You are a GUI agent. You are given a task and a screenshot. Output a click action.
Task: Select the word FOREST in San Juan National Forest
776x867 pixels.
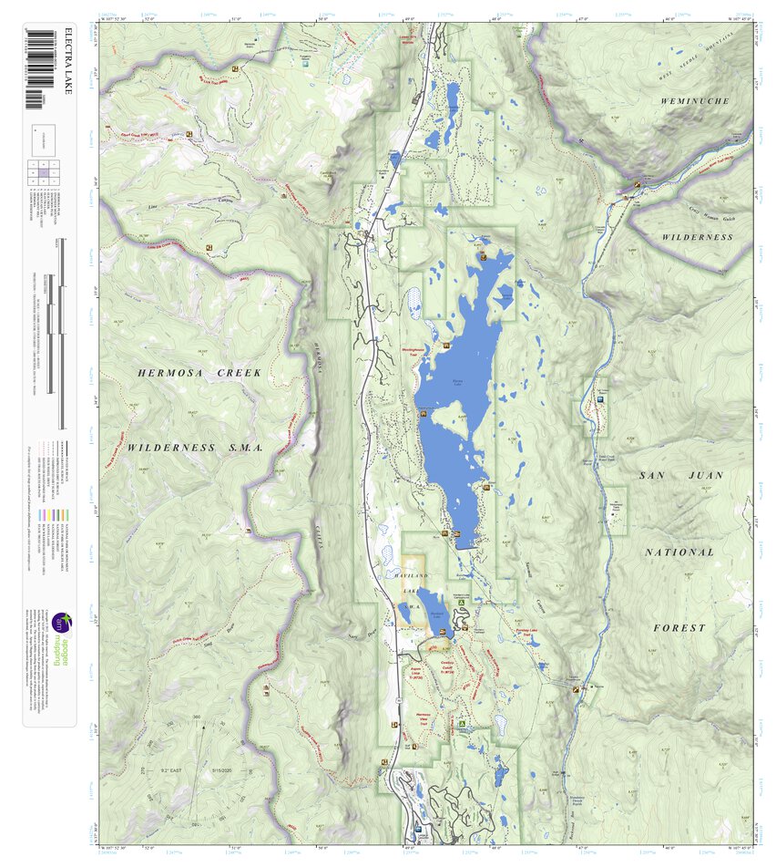tap(679, 628)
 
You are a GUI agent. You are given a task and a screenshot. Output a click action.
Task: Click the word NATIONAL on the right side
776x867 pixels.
tap(679, 552)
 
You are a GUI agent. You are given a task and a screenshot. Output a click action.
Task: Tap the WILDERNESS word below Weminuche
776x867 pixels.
tap(697, 237)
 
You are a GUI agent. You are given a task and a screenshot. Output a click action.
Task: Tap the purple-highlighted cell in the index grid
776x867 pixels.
tap(43, 170)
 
